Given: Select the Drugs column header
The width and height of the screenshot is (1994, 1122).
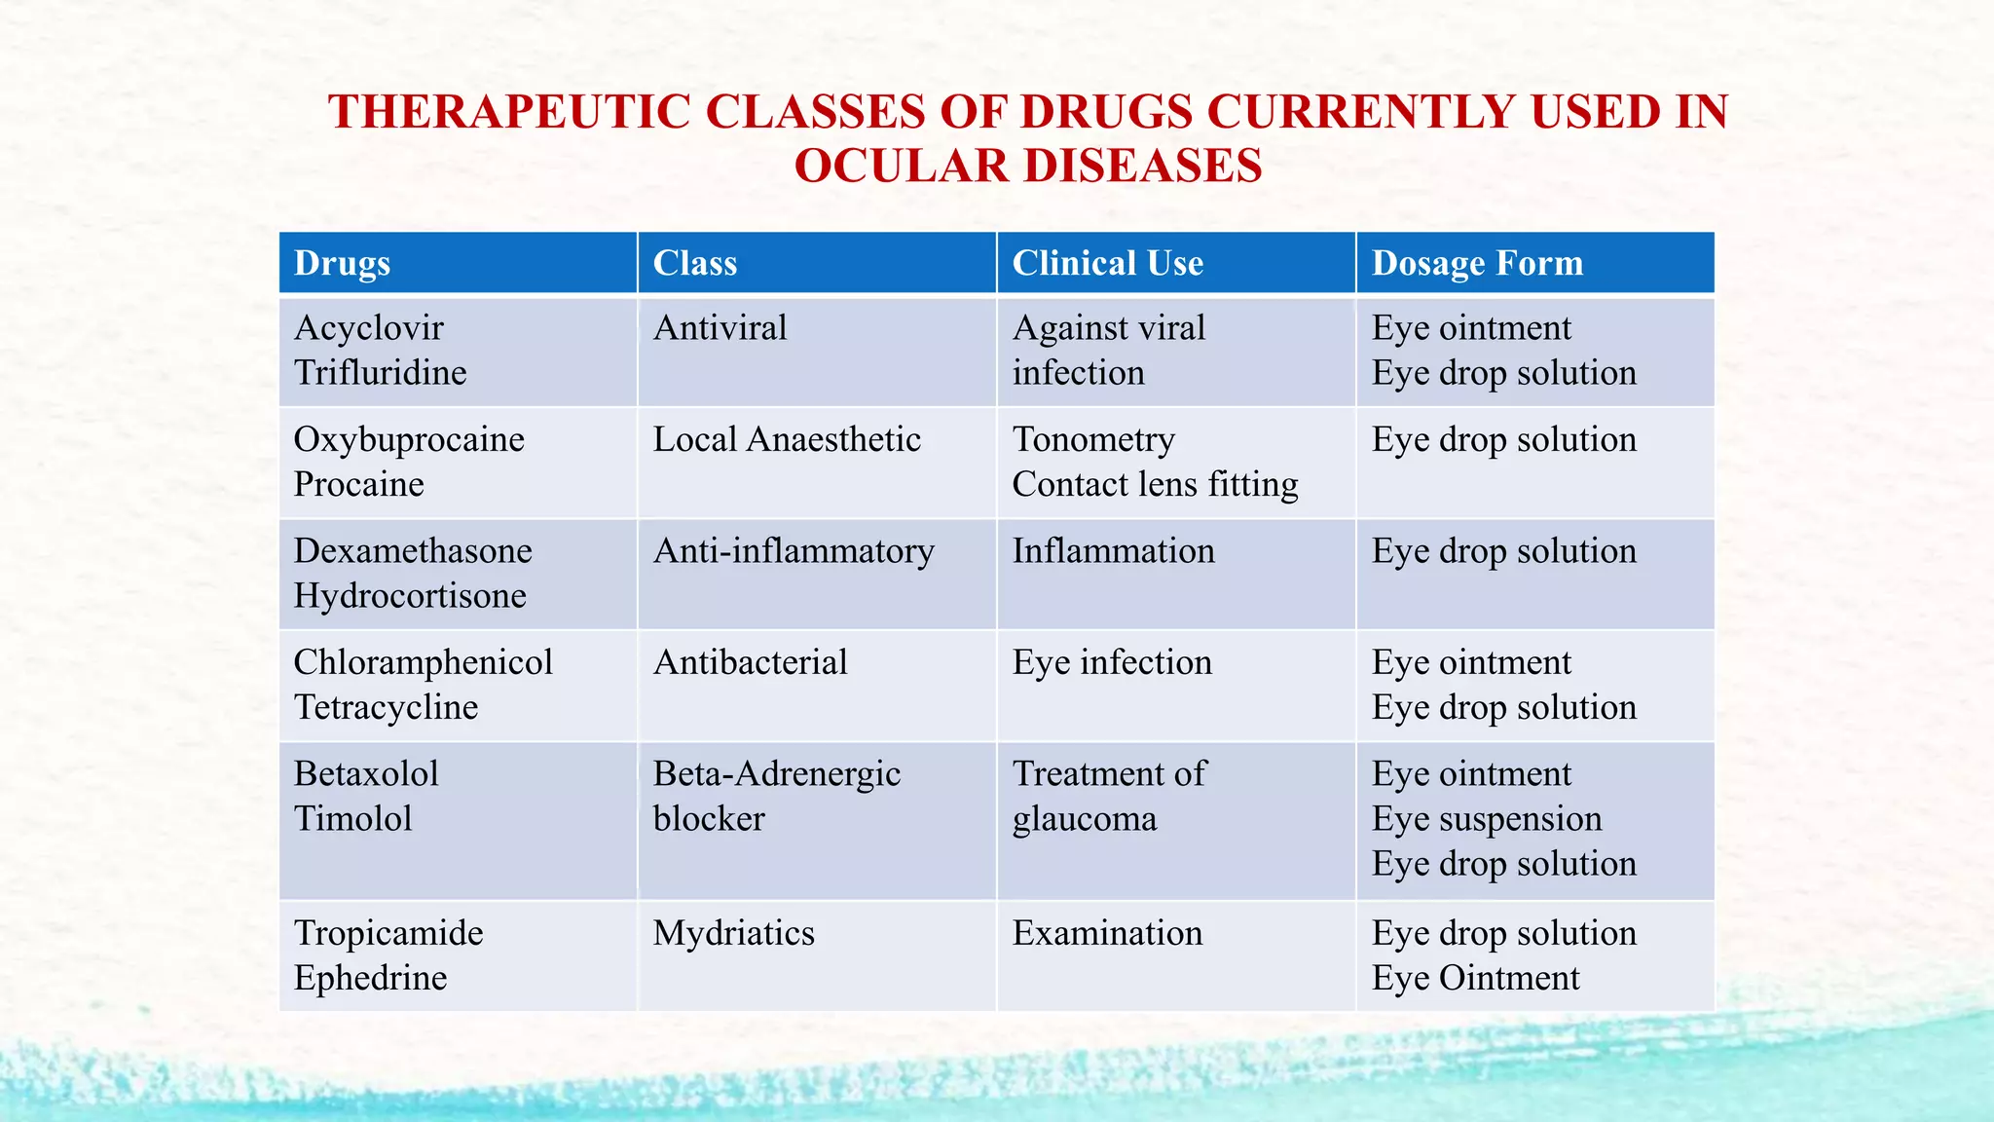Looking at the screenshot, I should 342,263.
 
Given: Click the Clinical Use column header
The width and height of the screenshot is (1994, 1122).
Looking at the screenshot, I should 1107,263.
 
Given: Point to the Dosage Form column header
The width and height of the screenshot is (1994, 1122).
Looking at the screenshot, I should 1477,263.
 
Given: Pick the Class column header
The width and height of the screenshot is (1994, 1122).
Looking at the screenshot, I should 694,263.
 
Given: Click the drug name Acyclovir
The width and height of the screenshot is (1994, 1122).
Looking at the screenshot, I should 368,328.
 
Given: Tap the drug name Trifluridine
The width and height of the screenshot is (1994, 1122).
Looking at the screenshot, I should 380,373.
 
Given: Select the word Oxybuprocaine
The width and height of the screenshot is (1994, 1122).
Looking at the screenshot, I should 409,439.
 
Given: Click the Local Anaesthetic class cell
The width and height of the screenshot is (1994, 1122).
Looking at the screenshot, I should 786,439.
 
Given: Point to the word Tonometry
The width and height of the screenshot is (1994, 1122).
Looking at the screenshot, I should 1093,439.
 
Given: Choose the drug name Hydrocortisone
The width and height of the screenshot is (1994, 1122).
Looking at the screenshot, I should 410,595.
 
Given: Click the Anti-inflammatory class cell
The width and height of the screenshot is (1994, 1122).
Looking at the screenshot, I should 794,551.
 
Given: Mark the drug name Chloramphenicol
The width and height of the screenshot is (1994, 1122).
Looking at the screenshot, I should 423,662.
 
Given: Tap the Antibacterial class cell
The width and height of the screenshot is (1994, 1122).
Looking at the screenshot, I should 750,662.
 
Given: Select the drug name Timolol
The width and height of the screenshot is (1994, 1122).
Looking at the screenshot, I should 352,818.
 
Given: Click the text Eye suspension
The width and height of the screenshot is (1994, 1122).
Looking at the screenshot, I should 1487,818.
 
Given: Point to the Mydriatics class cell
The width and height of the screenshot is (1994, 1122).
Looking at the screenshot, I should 733,933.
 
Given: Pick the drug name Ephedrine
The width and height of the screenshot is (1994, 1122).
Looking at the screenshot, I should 370,978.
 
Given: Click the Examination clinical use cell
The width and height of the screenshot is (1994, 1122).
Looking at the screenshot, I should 1107,933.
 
